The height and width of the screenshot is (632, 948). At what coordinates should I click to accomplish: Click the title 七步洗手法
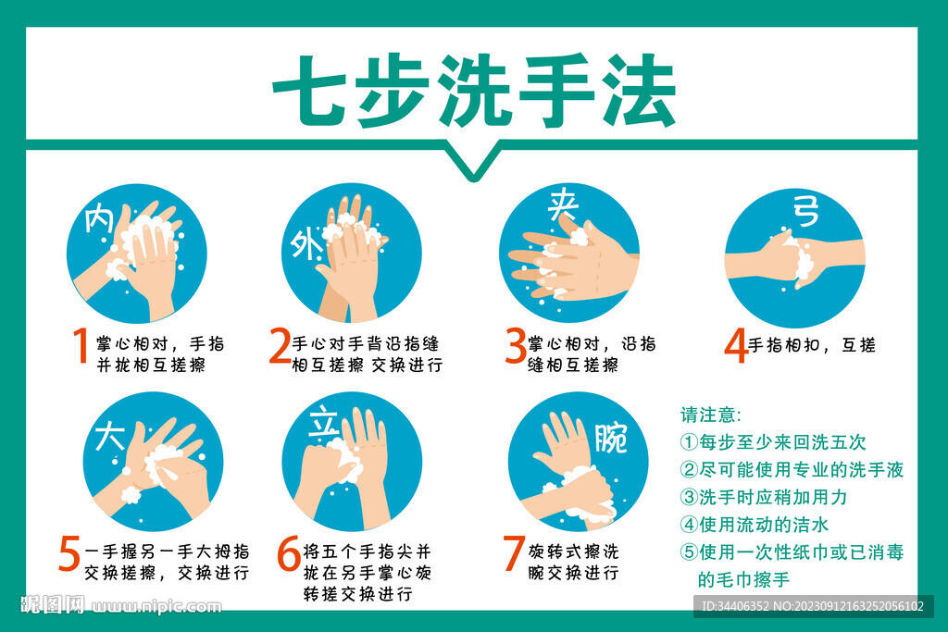pos(473,90)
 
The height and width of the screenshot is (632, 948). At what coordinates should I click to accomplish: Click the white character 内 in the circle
pos(99,220)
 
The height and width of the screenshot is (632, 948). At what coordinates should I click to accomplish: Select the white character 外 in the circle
pos(305,245)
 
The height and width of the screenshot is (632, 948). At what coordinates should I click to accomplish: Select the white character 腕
pos(610,437)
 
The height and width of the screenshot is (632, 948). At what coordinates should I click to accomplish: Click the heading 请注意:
pos(711,415)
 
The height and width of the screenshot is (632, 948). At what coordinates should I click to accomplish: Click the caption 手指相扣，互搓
pos(811,346)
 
